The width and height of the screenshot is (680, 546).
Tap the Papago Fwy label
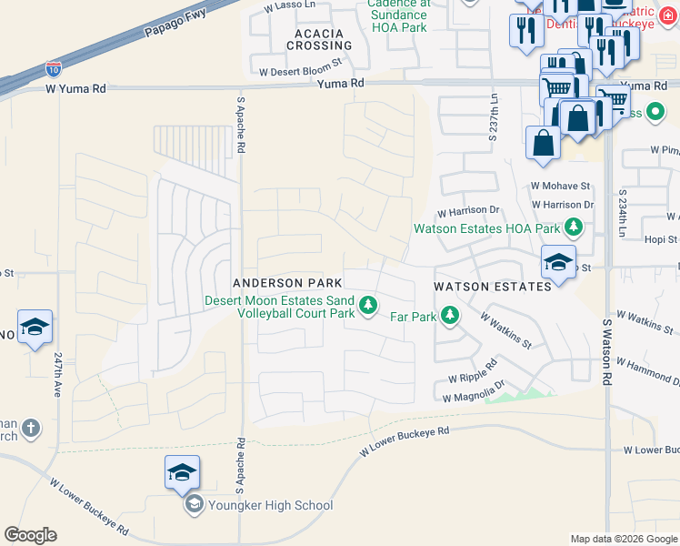pyautogui.click(x=175, y=25)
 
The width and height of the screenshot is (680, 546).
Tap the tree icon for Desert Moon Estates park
pyautogui.click(x=368, y=305)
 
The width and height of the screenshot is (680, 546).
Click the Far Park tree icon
pyautogui.click(x=449, y=316)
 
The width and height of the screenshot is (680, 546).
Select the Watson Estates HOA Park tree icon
pyautogui.click(x=573, y=227)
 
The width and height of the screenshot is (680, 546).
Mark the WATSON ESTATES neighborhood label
pyautogui.click(x=492, y=286)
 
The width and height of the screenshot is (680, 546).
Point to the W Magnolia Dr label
pyautogui.click(x=473, y=394)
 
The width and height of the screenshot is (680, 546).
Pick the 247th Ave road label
pyautogui.click(x=56, y=375)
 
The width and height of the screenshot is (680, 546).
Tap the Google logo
pyautogui.click(x=30, y=534)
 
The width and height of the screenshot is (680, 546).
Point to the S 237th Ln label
pyautogui.click(x=494, y=121)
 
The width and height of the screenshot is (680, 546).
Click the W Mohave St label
pyautogui.click(x=560, y=186)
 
